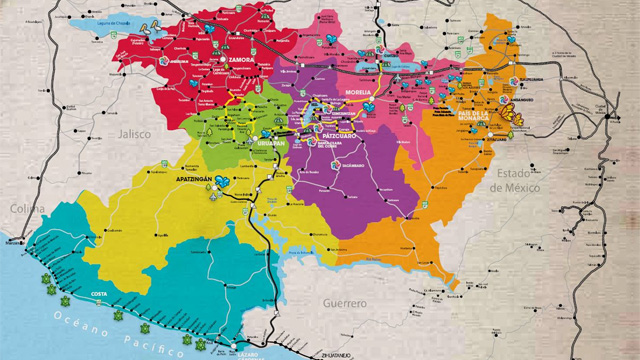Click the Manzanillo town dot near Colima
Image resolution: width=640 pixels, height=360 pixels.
point(14,242)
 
